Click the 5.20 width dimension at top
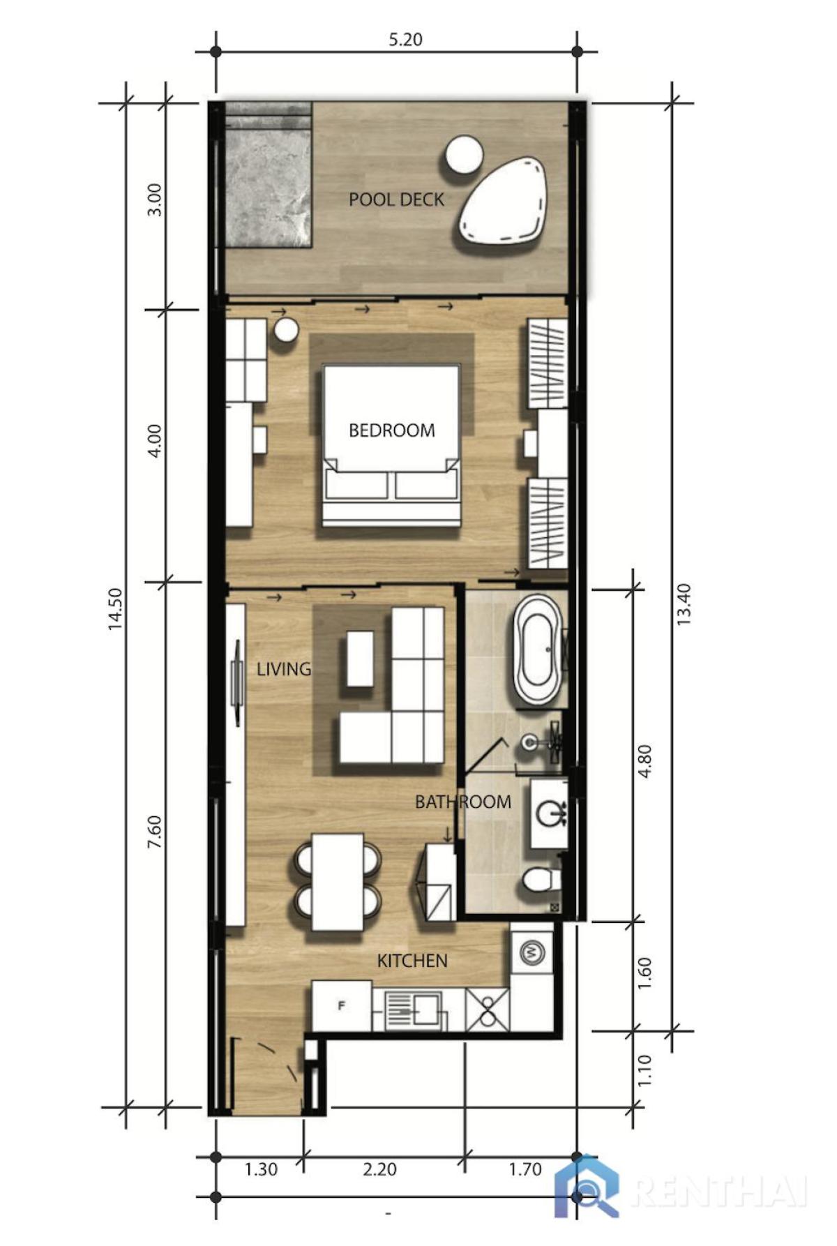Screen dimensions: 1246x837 click(x=405, y=39)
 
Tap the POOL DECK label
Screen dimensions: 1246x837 click(x=396, y=200)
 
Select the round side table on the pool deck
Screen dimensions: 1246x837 click(x=464, y=155)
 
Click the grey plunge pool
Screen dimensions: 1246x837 click(x=269, y=185)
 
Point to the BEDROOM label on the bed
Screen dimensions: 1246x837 click(x=391, y=430)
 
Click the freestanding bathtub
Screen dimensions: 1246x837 click(x=537, y=649)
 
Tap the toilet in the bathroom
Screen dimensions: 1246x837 click(x=541, y=880)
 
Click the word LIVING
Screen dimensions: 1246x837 click(x=283, y=669)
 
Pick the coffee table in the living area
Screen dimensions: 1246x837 click(x=360, y=659)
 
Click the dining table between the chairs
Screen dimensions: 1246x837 click(x=338, y=881)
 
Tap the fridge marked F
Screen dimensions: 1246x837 click(x=342, y=1005)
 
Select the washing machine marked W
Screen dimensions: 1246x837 click(x=532, y=952)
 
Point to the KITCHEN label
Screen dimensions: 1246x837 click(x=412, y=961)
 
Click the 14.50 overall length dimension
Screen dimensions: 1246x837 click(x=115, y=609)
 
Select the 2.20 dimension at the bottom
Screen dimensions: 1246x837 click(x=379, y=1169)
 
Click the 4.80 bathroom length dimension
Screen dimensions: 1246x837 click(x=644, y=761)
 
